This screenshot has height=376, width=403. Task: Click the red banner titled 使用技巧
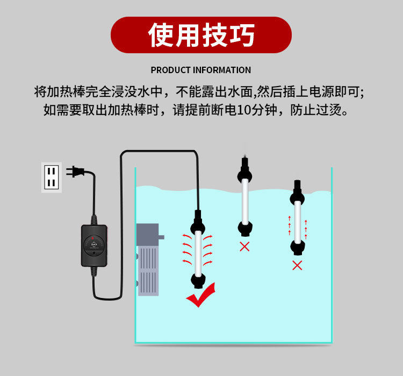click(201, 35)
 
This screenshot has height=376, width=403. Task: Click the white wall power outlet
click(52, 177)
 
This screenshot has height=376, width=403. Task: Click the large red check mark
click(201, 296)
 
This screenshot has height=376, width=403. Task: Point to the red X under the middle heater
click(244, 247)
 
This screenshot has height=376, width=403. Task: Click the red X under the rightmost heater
click(297, 265)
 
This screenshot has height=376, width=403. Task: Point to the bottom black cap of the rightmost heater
click(297, 248)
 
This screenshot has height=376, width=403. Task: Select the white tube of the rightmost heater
click(297, 223)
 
